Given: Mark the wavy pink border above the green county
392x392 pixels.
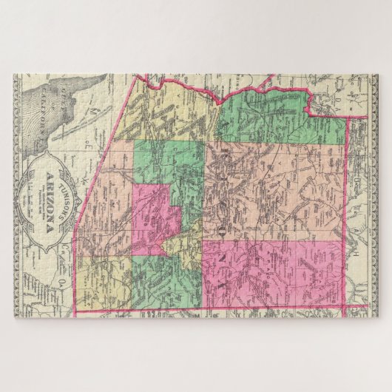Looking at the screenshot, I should coord(266,90).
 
